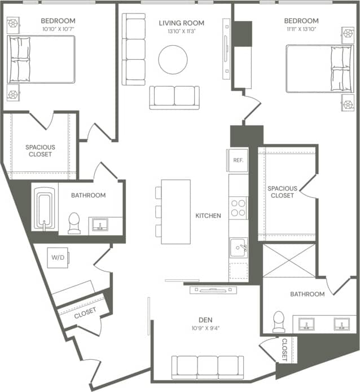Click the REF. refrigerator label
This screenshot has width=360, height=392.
coord(238,160)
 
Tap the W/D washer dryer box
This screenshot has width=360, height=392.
coord(58,257)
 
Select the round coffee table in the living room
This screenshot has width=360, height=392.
coord(173,59)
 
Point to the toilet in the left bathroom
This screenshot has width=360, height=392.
coord(74,223)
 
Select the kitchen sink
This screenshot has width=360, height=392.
coord(238,247)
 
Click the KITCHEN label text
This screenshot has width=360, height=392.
coord(208,215)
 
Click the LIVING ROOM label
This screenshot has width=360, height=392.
coord(181,23)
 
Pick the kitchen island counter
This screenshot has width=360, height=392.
coord(175,212)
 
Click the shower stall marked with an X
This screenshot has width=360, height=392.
coord(289,260)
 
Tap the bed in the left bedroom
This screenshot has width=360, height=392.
coord(41,59)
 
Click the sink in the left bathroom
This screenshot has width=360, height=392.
coord(100,226)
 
